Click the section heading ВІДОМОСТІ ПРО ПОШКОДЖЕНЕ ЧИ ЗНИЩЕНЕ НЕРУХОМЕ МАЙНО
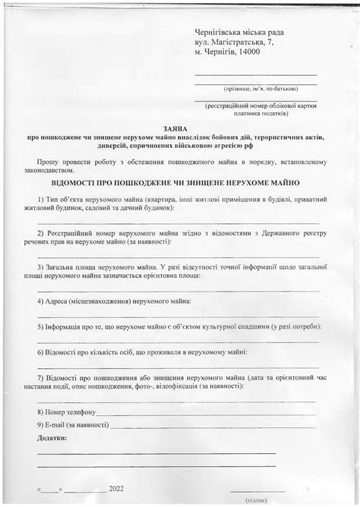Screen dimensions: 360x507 tap(175, 184)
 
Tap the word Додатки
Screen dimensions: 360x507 tap(52, 438)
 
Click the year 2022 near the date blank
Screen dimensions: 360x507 tap(116, 489)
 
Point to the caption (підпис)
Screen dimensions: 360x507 tap(256, 501)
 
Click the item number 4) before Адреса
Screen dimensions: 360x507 tap(41, 301)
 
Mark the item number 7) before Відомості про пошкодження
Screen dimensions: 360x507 tap(41, 377)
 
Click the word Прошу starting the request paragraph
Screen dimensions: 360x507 tap(48, 162)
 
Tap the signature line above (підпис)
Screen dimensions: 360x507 tap(256, 493)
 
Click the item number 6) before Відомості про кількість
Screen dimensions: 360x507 tap(41, 352)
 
